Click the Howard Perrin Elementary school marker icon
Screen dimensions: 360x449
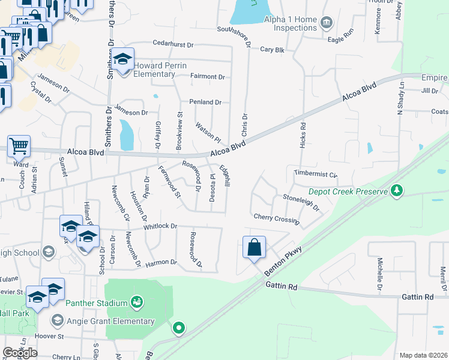[x=123, y=60]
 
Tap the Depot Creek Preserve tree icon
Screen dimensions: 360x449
[x=396, y=191]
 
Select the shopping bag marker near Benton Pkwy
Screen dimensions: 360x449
[x=254, y=247]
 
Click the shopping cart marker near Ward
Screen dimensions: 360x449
[x=19, y=146]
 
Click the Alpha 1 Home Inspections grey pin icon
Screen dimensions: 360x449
[x=327, y=23]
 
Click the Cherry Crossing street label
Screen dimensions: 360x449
[x=276, y=218]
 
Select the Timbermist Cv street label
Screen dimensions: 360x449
[x=316, y=174]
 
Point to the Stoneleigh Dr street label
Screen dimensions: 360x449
[x=301, y=202]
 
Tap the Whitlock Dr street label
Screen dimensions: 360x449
[x=160, y=226]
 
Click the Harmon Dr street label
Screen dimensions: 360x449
[x=161, y=262]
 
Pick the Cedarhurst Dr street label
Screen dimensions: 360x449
[x=173, y=44]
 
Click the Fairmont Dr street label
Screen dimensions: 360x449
[x=207, y=77]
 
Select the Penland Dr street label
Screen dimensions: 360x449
[x=205, y=102]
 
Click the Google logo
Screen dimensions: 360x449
[x=20, y=352]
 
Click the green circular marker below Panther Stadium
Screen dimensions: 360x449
[x=178, y=328]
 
